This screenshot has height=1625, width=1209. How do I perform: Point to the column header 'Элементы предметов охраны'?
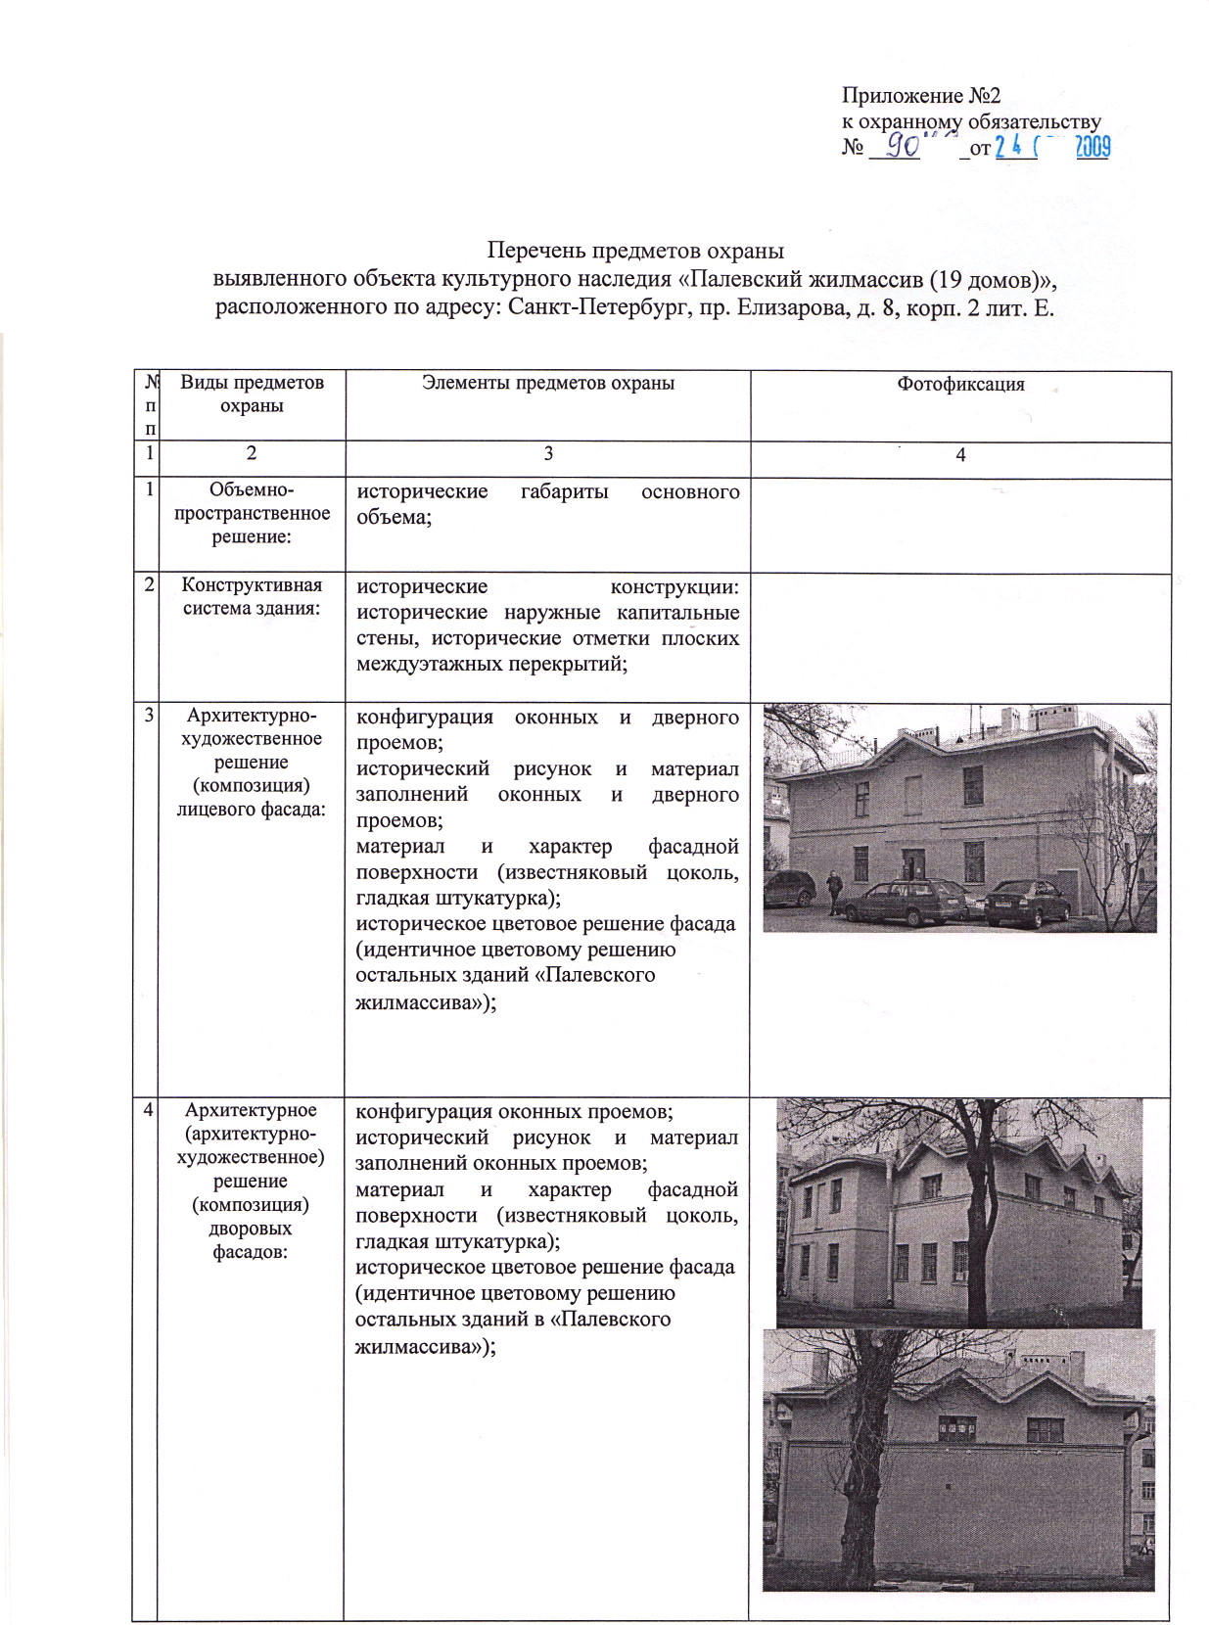547,384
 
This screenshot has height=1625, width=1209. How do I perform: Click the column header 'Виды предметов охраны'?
252,394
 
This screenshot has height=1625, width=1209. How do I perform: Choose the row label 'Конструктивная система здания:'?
252,596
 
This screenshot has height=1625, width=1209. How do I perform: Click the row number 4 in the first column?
148,1110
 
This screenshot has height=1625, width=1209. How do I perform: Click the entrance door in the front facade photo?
912,867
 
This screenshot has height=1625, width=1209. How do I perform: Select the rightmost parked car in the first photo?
1019,901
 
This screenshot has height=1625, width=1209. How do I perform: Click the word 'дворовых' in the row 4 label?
252,1229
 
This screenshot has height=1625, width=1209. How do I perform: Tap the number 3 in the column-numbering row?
547,454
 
